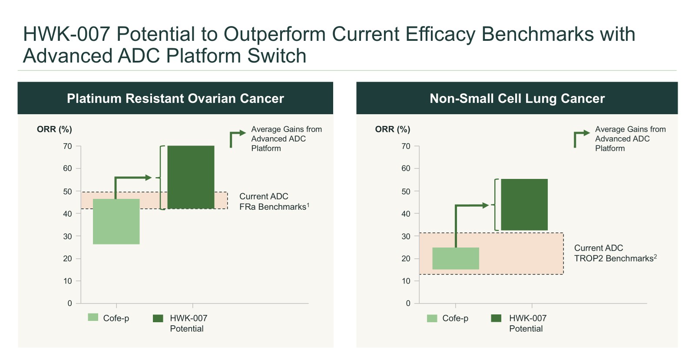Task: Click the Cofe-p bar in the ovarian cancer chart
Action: click(116, 221)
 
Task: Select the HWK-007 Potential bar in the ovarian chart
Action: click(191, 177)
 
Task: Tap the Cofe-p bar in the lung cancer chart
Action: click(455, 258)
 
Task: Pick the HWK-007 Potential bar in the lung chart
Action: click(524, 205)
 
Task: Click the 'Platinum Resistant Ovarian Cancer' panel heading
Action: click(175, 99)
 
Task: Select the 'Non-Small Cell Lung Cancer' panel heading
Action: click(517, 99)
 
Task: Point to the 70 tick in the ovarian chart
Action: click(68, 146)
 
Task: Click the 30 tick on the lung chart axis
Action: click(406, 236)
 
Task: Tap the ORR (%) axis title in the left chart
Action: click(54, 129)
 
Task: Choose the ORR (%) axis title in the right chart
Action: click(393, 129)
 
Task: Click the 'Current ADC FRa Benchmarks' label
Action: click(274, 201)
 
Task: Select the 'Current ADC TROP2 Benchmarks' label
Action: click(615, 253)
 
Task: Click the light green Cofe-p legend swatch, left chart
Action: click(93, 317)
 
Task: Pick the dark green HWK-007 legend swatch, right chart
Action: click(496, 318)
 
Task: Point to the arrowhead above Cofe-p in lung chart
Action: click(486, 205)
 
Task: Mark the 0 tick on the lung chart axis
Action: click(408, 304)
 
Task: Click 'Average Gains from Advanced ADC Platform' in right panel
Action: click(630, 139)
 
